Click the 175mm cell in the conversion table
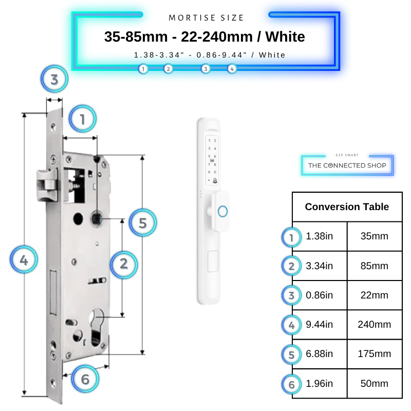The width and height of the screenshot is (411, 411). click(375, 354)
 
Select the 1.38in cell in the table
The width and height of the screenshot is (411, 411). click(320, 236)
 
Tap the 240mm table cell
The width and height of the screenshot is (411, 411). click(375, 325)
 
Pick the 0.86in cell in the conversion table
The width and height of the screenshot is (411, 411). click(320, 295)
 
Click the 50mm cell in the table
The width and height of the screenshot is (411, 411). click(375, 383)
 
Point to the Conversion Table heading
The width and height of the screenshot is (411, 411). click(347, 207)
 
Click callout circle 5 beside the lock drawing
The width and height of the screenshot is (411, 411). click(143, 222)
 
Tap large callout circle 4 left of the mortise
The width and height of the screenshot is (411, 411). click(24, 259)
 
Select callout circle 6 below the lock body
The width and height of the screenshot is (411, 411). click(85, 379)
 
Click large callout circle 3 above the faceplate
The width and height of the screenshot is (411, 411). click(54, 79)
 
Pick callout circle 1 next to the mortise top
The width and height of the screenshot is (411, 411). click(83, 119)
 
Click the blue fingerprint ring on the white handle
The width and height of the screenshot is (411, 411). click(222, 211)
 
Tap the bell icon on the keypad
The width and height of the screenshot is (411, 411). click(215, 180)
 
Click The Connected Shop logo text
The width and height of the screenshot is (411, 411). click(347, 165)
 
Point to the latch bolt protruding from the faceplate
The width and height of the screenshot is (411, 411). click(47, 185)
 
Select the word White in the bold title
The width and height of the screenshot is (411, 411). click(285, 36)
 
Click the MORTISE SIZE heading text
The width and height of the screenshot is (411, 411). click(206, 18)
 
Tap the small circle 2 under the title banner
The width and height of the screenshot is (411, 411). click(169, 69)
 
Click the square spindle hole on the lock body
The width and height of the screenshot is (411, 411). click(96, 218)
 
